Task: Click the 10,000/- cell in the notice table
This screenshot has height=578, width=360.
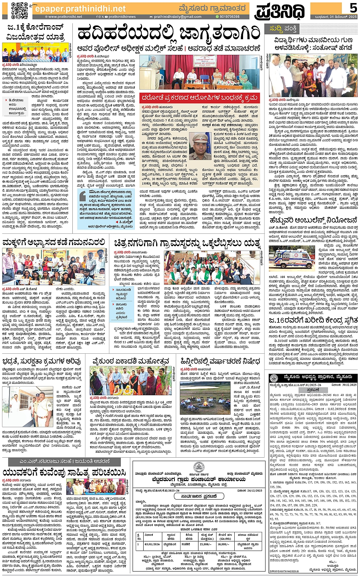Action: [225, 543]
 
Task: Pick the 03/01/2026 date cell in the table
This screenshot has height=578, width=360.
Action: [149, 543]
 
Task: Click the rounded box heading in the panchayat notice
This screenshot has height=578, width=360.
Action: [198, 497]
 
